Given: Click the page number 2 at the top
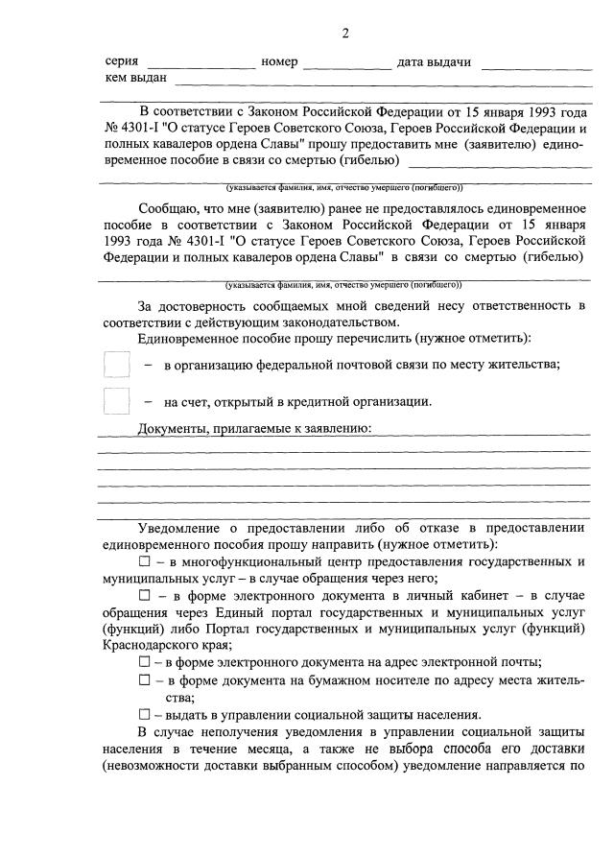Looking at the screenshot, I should pyautogui.click(x=345, y=35).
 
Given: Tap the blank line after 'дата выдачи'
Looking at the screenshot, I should pyautogui.click(x=536, y=63).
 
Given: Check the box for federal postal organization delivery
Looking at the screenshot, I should pyautogui.click(x=116, y=366).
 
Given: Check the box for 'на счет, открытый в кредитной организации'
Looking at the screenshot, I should pyautogui.click(x=116, y=401).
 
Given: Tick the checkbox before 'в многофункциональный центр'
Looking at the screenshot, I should pyautogui.click(x=145, y=560).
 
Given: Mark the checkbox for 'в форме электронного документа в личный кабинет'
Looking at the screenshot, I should pyautogui.click(x=145, y=596).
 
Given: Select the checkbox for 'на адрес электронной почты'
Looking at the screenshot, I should pyautogui.click(x=145, y=662).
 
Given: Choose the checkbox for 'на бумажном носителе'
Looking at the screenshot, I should pyautogui.click(x=145, y=679).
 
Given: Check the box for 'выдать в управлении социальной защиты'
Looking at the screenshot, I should pyautogui.click(x=145, y=715).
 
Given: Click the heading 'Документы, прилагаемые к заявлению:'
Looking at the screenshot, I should pyautogui.click(x=254, y=428).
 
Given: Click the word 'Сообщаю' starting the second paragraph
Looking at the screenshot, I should pyautogui.click(x=170, y=208).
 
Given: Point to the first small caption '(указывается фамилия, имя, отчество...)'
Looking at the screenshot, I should pyautogui.click(x=343, y=187).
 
